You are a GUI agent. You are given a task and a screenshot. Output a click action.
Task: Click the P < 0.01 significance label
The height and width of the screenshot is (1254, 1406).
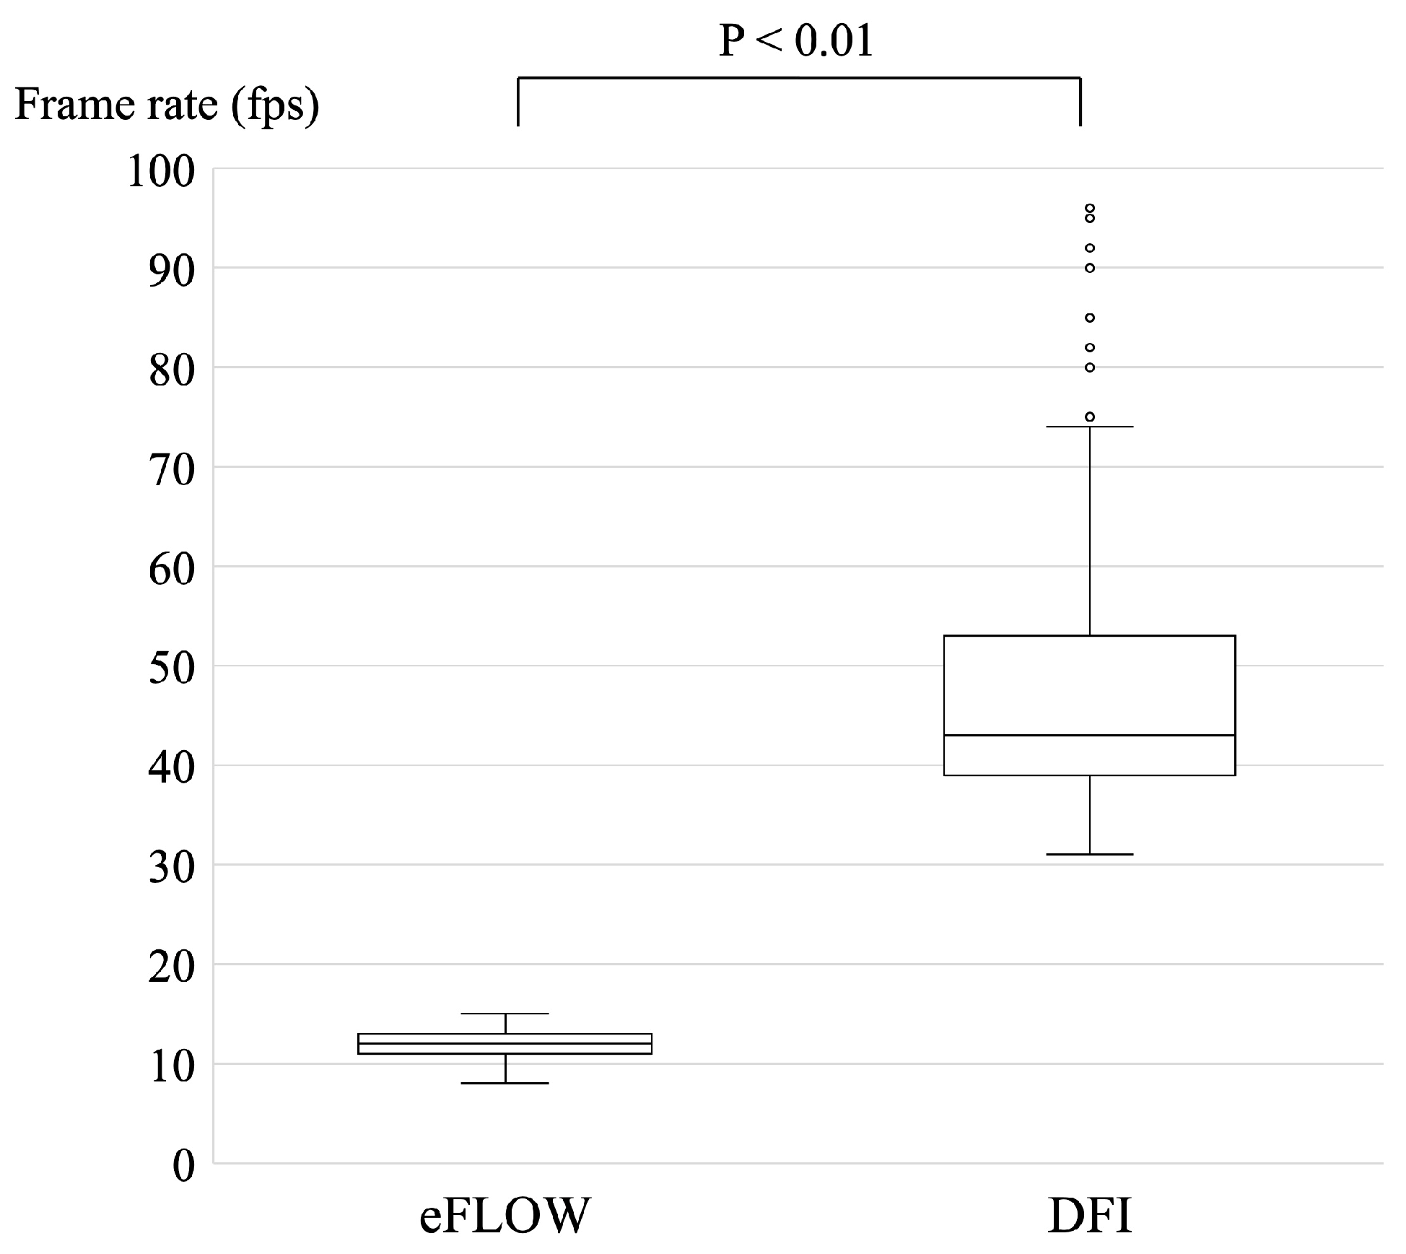click(796, 41)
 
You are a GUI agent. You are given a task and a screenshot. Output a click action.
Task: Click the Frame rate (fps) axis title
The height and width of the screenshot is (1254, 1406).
click(167, 105)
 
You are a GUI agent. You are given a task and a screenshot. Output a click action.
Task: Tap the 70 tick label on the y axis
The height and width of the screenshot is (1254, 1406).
click(171, 471)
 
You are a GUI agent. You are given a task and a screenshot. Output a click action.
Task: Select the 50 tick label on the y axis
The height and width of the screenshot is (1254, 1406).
click(171, 669)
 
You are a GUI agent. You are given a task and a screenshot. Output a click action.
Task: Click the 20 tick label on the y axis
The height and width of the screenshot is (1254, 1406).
click(171, 967)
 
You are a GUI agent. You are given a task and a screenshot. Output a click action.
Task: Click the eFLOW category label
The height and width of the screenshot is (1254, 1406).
click(505, 1216)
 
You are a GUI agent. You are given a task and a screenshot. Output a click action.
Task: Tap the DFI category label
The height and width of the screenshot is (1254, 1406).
click(1089, 1216)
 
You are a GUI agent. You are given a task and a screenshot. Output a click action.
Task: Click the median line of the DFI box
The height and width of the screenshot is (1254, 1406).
click(1089, 735)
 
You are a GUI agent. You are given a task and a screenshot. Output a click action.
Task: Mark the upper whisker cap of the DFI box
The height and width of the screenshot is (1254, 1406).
click(1089, 427)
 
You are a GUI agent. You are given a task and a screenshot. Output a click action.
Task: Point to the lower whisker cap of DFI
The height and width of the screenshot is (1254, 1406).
click(1089, 854)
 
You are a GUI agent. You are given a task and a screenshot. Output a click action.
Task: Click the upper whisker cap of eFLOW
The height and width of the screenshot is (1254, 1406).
click(505, 1014)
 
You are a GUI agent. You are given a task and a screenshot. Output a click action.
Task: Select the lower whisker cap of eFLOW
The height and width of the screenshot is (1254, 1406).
click(505, 1083)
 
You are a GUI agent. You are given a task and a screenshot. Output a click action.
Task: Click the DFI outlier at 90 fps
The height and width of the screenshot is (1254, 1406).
click(1090, 268)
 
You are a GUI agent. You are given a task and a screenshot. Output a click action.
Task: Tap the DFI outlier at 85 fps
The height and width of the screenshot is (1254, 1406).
click(1090, 318)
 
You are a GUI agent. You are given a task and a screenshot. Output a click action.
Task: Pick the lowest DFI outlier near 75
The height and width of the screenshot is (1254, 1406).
click(1090, 417)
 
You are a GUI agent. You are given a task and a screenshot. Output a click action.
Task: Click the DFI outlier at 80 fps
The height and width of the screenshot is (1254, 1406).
click(1090, 367)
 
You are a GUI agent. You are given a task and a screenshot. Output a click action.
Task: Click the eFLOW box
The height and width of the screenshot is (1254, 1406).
click(505, 1043)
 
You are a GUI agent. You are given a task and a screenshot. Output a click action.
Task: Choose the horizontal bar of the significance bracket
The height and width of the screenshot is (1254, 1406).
click(798, 78)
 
